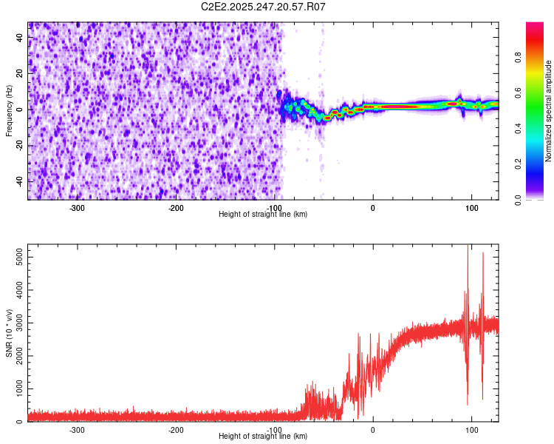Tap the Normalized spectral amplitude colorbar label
coord(548,111)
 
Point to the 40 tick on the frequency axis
coord(21,38)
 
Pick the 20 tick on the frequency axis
coord(21,73)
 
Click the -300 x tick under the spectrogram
coord(78,208)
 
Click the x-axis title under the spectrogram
coord(264,214)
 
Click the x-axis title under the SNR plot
coord(264,436)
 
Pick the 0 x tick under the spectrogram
coord(373,208)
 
